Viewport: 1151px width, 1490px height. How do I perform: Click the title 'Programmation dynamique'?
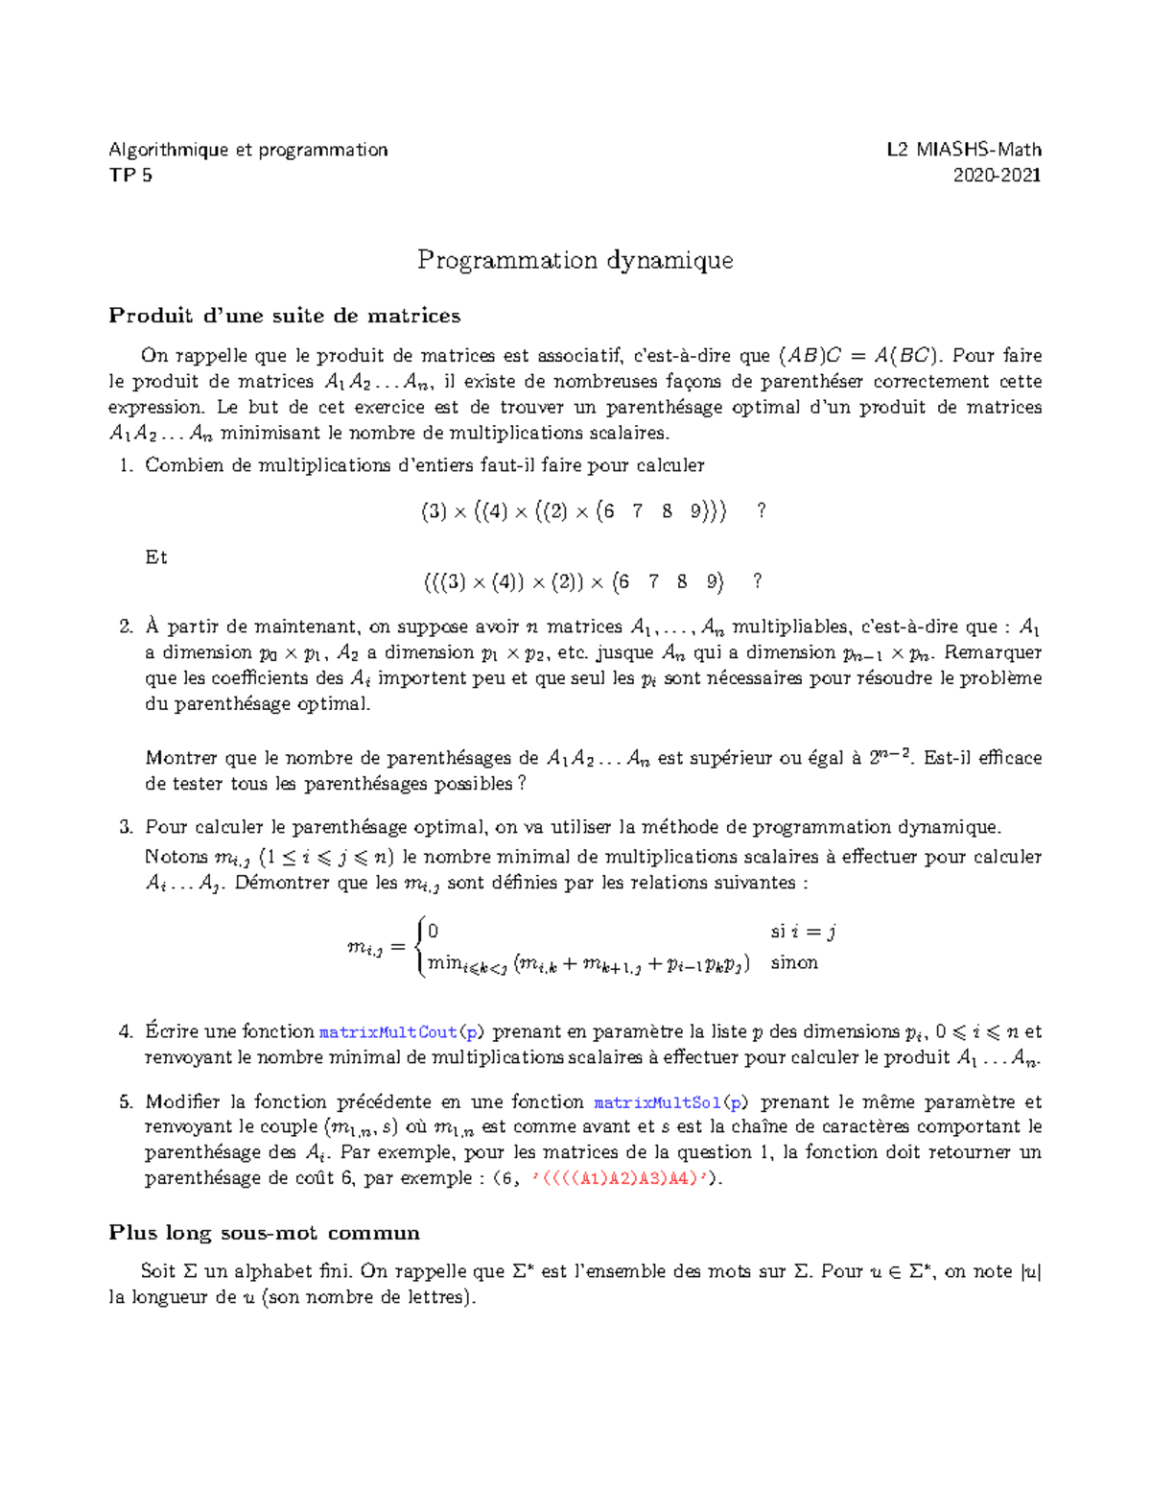coord(575,260)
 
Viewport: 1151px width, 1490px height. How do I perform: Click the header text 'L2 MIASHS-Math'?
coord(963,149)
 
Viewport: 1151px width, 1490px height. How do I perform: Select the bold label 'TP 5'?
coord(130,175)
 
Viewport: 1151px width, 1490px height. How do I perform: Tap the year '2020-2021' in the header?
coord(997,175)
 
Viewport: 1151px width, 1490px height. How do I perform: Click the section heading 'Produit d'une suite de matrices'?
coord(284,316)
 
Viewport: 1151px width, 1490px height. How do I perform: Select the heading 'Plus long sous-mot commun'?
coord(264,1233)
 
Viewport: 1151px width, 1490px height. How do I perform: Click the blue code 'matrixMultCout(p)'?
coord(402,1032)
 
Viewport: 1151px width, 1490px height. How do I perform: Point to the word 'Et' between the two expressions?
coord(155,557)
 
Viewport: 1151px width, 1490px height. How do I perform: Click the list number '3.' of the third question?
coord(125,827)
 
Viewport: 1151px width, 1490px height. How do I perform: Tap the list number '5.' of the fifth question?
coord(125,1102)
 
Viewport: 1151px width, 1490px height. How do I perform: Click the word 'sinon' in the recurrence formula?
coord(794,962)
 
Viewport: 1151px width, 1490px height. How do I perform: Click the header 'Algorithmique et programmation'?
coord(248,149)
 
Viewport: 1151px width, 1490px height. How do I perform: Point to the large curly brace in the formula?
coord(420,947)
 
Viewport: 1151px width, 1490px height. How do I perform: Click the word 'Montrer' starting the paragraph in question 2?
coord(177,758)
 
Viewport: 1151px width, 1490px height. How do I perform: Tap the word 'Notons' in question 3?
coord(176,857)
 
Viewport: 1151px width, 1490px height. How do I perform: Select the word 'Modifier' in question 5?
coord(182,1102)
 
